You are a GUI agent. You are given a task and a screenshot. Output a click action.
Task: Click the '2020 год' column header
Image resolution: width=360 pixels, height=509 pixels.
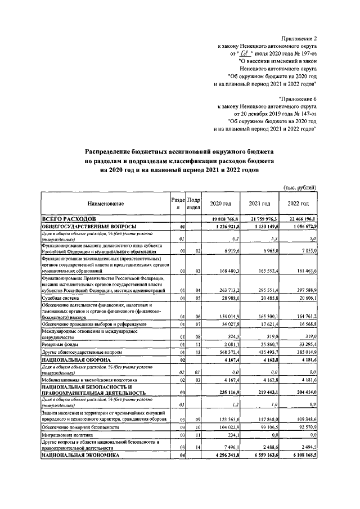coord(220,204)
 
